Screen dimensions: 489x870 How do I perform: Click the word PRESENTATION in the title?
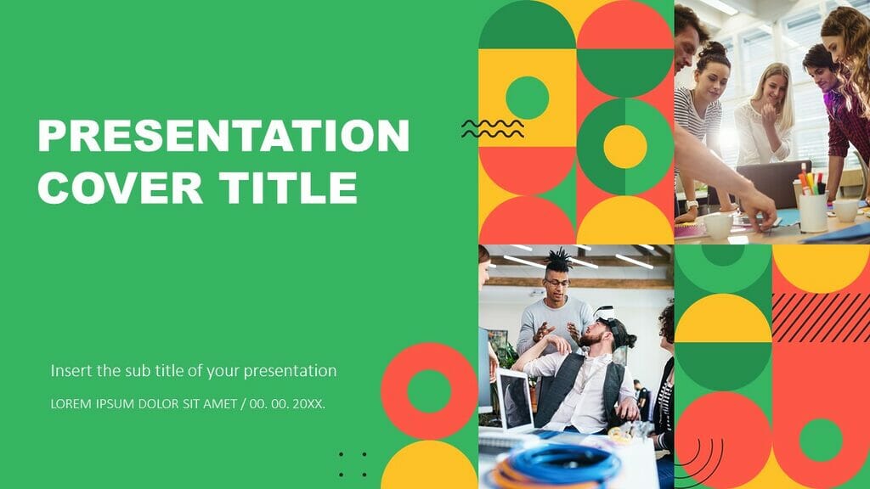pyautogui.click(x=223, y=136)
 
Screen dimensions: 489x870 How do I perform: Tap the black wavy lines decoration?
pyautogui.click(x=493, y=128)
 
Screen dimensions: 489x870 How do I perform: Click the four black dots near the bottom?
pyautogui.click(x=353, y=464)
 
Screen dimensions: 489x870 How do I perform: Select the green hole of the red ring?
pyautogui.click(x=429, y=391)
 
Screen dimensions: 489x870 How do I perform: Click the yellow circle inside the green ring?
pyautogui.click(x=625, y=147)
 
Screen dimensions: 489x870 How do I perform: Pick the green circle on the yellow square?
pyautogui.click(x=527, y=98)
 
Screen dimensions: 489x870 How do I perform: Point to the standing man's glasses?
pyautogui.click(x=556, y=283)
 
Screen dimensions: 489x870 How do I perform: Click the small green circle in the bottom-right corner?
pyautogui.click(x=821, y=439)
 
